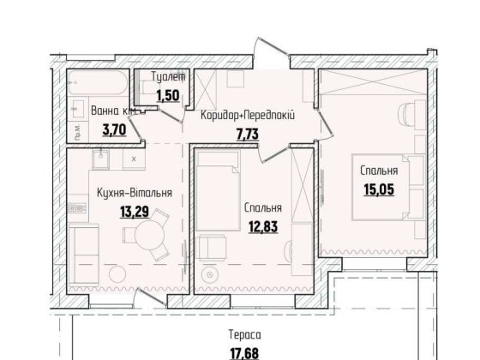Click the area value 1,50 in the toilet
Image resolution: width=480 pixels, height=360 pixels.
tap(168, 95)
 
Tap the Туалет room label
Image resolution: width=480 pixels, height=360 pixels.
tap(168, 76)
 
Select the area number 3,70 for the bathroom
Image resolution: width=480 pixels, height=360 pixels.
tap(114, 129)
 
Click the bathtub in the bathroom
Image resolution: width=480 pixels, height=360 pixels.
tap(98, 82)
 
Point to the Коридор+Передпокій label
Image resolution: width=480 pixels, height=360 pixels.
tap(248, 116)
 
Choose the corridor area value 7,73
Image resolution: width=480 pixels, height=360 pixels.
tap(248, 134)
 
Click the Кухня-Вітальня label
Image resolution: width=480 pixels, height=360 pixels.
tap(135, 193)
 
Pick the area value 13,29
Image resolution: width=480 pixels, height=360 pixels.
tap(135, 211)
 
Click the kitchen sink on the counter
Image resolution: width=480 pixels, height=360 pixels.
tap(100, 159)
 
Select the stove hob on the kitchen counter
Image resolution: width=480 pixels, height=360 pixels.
tap(77, 208)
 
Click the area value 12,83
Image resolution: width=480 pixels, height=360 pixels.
tap(263, 227)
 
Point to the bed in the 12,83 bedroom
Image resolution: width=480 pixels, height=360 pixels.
tap(218, 190)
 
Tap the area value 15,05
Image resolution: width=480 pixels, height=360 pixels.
tap(379, 189)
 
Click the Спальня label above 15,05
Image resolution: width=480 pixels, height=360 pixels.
tap(379, 171)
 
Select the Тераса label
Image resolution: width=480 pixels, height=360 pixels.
tap(245, 335)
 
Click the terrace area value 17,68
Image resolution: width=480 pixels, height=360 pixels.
tap(244, 353)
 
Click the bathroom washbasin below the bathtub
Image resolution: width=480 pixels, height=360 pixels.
tap(77, 108)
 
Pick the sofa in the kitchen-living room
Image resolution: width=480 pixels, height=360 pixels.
tap(83, 255)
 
